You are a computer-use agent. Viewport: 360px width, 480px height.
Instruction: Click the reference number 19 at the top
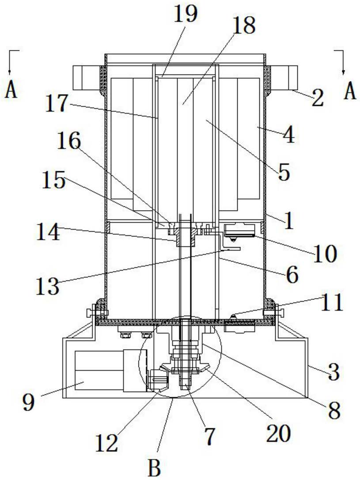tap(186, 16)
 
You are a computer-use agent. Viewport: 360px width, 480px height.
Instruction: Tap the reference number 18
tap(243, 26)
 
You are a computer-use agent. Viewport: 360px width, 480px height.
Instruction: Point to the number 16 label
tap(69, 143)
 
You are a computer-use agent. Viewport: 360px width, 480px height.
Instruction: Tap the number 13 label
tap(47, 286)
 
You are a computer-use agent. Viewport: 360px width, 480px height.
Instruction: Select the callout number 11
tap(331, 303)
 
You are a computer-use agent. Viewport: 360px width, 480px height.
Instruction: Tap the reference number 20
tap(278, 434)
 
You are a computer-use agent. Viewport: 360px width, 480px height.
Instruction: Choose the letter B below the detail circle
tap(154, 469)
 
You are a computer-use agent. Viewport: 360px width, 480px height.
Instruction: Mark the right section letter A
tap(350, 92)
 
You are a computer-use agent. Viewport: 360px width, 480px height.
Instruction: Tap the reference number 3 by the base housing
tap(333, 372)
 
